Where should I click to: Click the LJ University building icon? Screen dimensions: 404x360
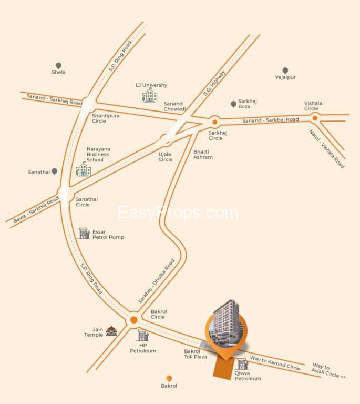150,96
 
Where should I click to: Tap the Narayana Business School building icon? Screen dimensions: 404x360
83,170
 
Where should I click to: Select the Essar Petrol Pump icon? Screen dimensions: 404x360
84,234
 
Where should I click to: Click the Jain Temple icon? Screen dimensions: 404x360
111,331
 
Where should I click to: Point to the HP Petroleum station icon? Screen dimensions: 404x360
142,335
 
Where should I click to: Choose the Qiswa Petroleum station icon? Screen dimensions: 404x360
242,364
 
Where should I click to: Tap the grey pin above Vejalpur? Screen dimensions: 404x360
285,70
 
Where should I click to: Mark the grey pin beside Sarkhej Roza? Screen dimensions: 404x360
233,104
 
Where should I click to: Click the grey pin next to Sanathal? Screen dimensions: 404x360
54,171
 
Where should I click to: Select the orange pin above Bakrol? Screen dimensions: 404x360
169,378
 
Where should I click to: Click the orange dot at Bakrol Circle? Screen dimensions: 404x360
133,319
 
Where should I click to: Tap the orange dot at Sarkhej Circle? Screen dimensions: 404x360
214,123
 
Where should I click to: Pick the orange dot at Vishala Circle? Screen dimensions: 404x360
315,118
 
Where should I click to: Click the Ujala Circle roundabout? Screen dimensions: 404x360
166,140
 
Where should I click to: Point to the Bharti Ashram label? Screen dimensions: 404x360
203,154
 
